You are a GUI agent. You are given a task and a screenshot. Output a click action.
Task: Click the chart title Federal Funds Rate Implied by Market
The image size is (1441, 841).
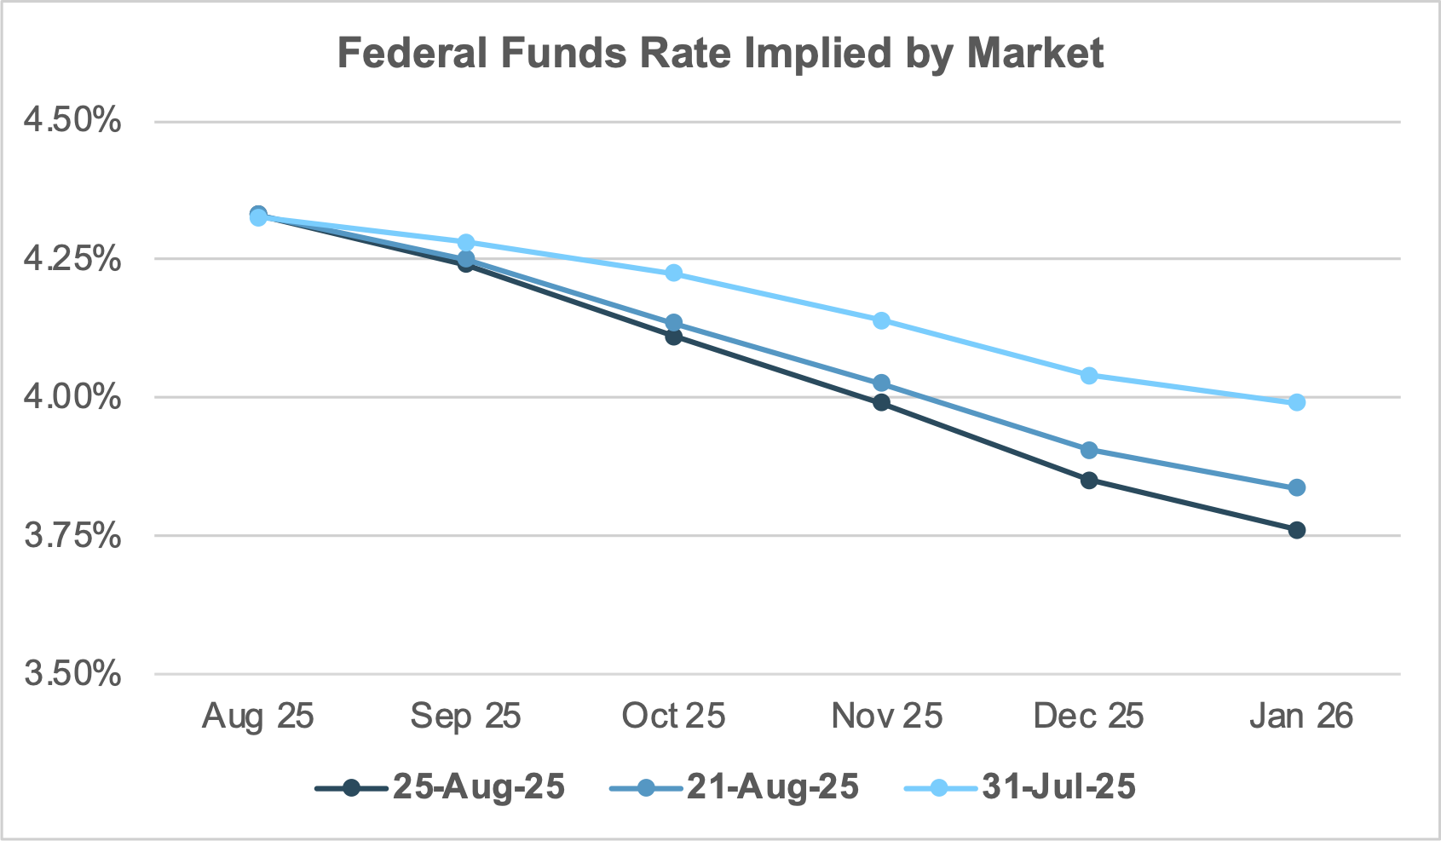720,54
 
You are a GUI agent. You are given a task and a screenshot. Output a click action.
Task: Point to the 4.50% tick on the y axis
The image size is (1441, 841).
72,121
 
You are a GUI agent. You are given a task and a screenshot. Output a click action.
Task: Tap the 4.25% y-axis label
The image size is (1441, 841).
72,259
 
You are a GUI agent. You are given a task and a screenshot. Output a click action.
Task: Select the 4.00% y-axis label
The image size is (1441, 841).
72,397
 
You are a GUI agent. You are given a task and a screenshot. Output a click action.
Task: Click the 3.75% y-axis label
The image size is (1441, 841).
72,536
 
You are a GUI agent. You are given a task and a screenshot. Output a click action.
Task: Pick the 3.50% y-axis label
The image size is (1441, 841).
72,674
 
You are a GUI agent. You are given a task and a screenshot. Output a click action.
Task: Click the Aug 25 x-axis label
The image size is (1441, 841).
257,716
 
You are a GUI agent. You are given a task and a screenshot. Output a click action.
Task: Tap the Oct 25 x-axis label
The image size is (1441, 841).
673,716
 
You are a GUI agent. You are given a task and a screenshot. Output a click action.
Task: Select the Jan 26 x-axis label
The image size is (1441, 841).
1300,716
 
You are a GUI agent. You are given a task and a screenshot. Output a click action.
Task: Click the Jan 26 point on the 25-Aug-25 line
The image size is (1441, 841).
1297,530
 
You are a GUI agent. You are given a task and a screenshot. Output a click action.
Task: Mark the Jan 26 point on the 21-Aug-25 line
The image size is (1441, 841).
1297,487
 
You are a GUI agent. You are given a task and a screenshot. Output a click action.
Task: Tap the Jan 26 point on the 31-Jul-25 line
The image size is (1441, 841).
1297,402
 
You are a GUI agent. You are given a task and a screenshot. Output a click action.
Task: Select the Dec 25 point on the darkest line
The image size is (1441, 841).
1089,480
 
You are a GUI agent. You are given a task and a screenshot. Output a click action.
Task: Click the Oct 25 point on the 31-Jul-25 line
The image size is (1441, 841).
673,273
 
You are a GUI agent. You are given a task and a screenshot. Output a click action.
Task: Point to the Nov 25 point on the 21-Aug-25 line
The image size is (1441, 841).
881,383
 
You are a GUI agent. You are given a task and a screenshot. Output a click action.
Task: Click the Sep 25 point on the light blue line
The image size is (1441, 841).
466,243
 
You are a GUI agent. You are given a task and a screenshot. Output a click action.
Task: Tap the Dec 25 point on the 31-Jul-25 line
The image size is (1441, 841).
1089,375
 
